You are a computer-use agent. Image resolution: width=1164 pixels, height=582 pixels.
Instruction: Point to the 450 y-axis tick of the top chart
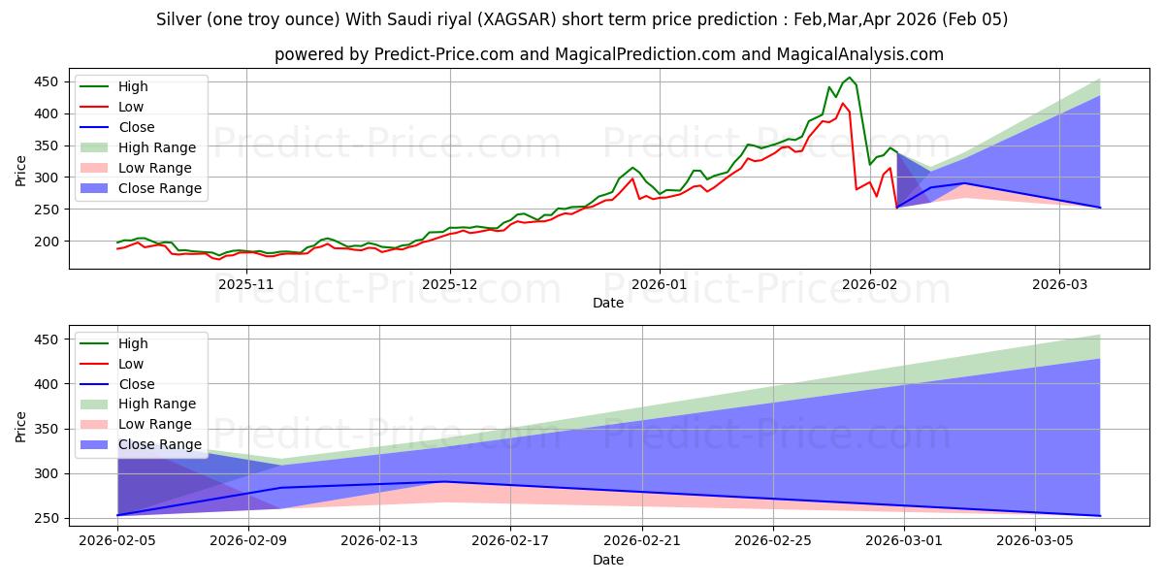[x=48, y=82]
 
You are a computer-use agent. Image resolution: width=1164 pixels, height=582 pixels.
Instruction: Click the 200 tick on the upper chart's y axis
[x=48, y=242]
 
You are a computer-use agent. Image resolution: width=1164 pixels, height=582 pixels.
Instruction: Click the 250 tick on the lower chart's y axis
[x=48, y=519]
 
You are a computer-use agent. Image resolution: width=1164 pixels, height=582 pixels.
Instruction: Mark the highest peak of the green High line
[x=850, y=78]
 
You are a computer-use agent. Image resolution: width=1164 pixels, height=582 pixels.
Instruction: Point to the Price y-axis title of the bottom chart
[x=22, y=426]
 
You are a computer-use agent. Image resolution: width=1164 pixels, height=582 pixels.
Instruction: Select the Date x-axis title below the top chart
[x=608, y=303]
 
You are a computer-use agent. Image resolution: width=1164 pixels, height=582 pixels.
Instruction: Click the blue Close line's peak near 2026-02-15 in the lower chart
[x=444, y=482]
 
